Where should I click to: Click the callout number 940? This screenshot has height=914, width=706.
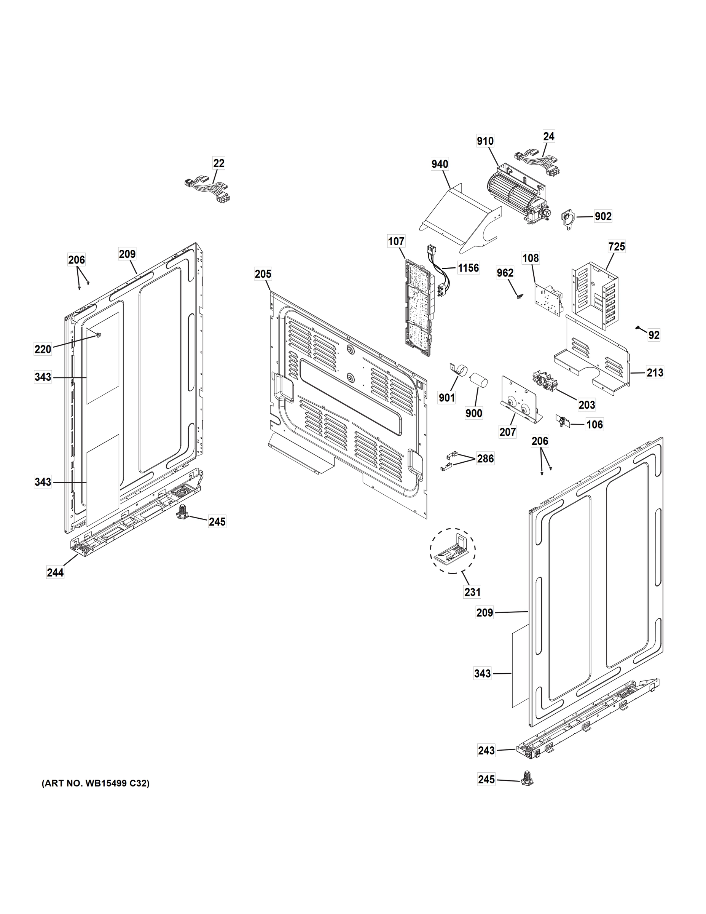440,164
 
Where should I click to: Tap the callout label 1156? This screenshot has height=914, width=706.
468,268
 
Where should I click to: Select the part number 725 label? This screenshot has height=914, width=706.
617,246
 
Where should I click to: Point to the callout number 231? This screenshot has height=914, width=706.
472,592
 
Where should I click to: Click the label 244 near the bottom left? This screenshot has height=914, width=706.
55,572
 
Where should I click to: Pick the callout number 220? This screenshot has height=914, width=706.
43,349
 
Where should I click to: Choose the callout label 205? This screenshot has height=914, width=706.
263,274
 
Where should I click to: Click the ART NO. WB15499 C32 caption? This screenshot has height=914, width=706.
96,783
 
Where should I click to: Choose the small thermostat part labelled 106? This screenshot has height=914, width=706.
562,421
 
